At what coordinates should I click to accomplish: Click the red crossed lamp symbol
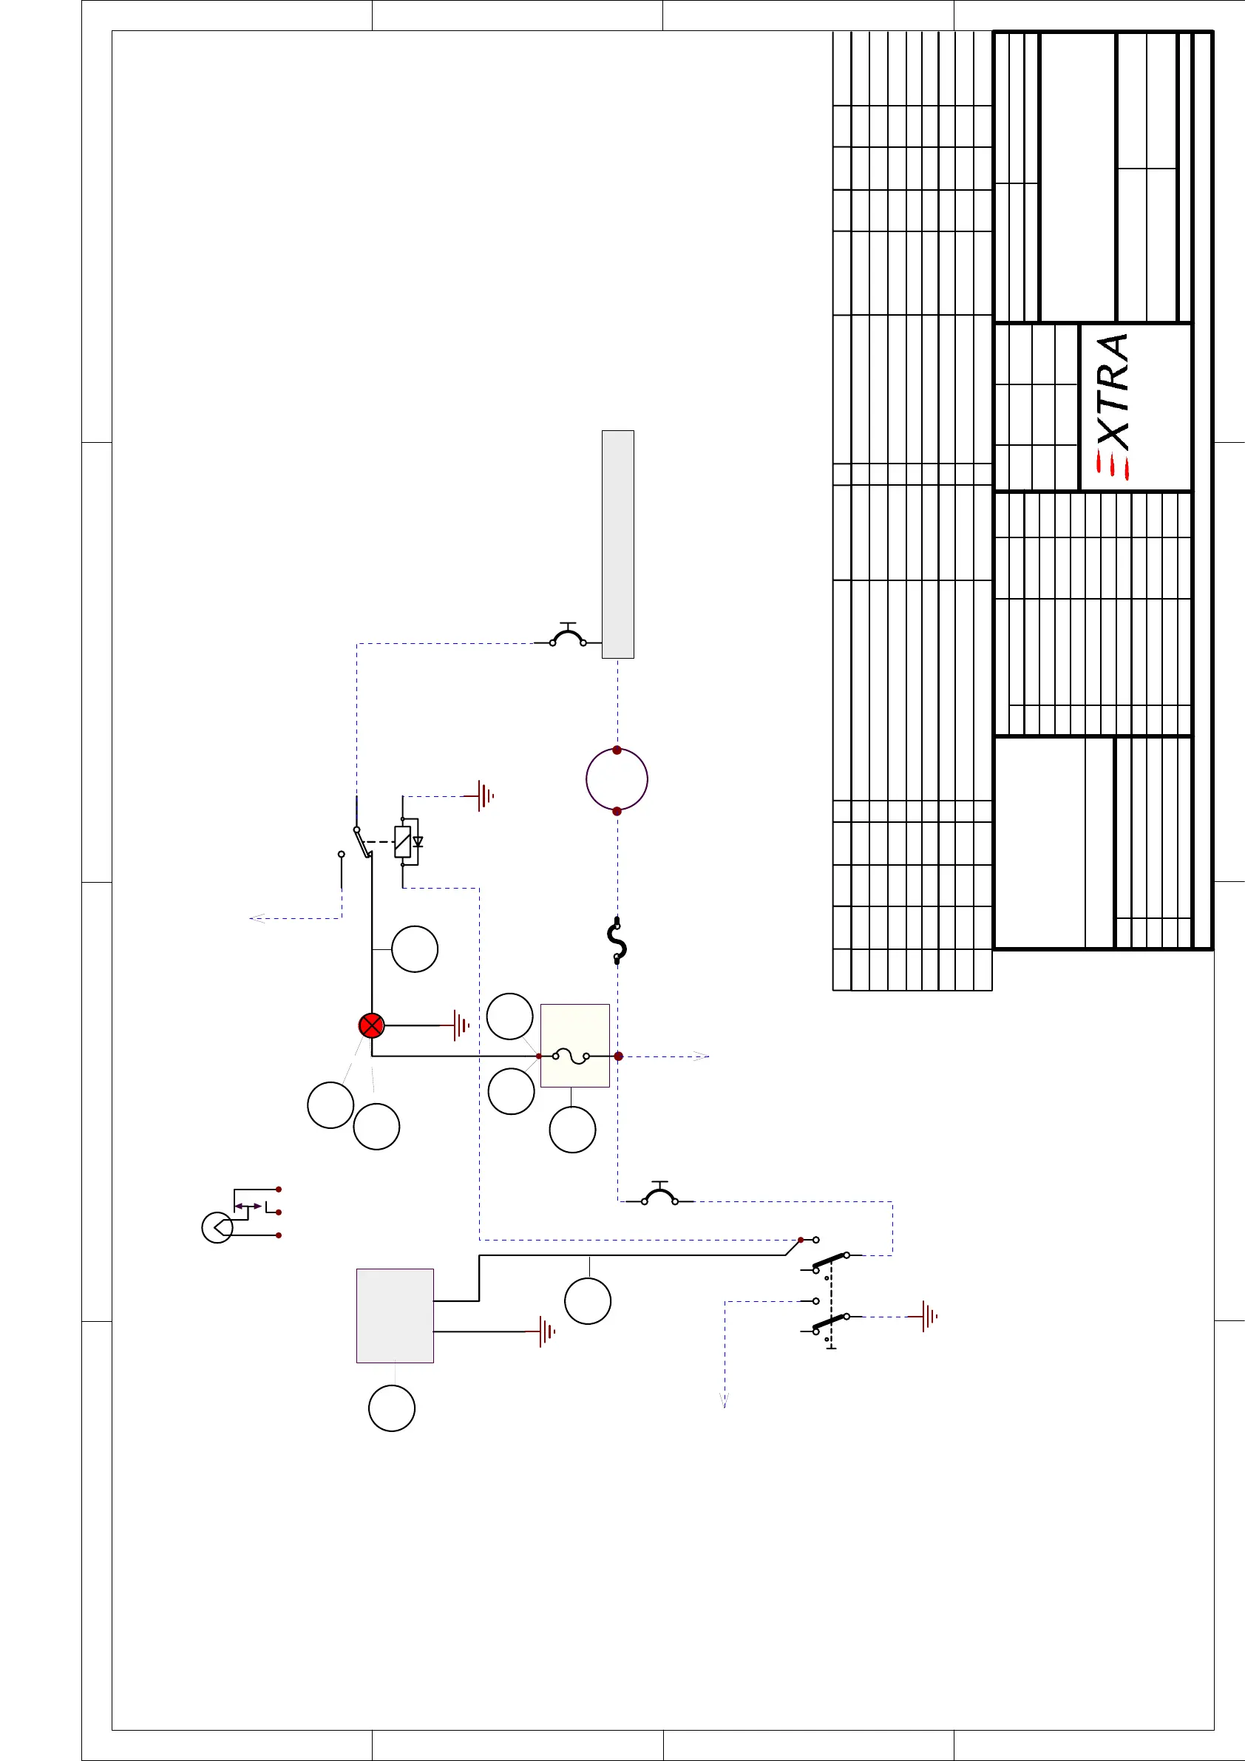[371, 1025]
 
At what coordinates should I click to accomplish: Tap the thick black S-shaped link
[617, 940]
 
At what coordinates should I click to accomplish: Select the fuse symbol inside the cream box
[571, 1056]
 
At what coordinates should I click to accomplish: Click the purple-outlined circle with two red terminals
[617, 779]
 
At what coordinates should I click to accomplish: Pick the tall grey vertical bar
[617, 544]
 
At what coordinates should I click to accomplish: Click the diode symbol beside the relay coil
[418, 841]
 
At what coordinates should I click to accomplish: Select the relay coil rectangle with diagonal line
[403, 841]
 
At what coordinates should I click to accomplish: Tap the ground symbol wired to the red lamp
[461, 1025]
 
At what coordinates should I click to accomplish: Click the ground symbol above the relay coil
[484, 796]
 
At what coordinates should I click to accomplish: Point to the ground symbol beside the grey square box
[546, 1331]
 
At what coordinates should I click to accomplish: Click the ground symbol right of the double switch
[927, 1316]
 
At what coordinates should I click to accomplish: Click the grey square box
[395, 1315]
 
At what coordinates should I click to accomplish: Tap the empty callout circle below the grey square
[392, 1408]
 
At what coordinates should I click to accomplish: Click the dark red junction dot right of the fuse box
[618, 1056]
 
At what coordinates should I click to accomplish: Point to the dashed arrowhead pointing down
[723, 1400]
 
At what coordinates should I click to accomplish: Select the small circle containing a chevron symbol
[217, 1228]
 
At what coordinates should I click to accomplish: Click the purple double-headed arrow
[248, 1207]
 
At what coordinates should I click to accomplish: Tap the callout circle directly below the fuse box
[572, 1130]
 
